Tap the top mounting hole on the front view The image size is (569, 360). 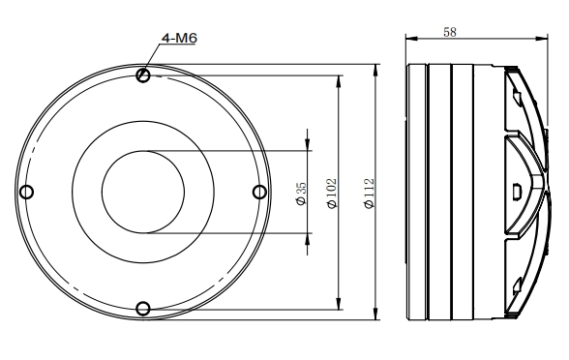coord(143,75)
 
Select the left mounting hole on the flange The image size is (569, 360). coord(27,191)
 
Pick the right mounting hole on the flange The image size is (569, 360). coord(258,191)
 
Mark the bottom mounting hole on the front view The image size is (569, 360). coord(143,308)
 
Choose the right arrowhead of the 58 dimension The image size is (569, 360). coord(535,39)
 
